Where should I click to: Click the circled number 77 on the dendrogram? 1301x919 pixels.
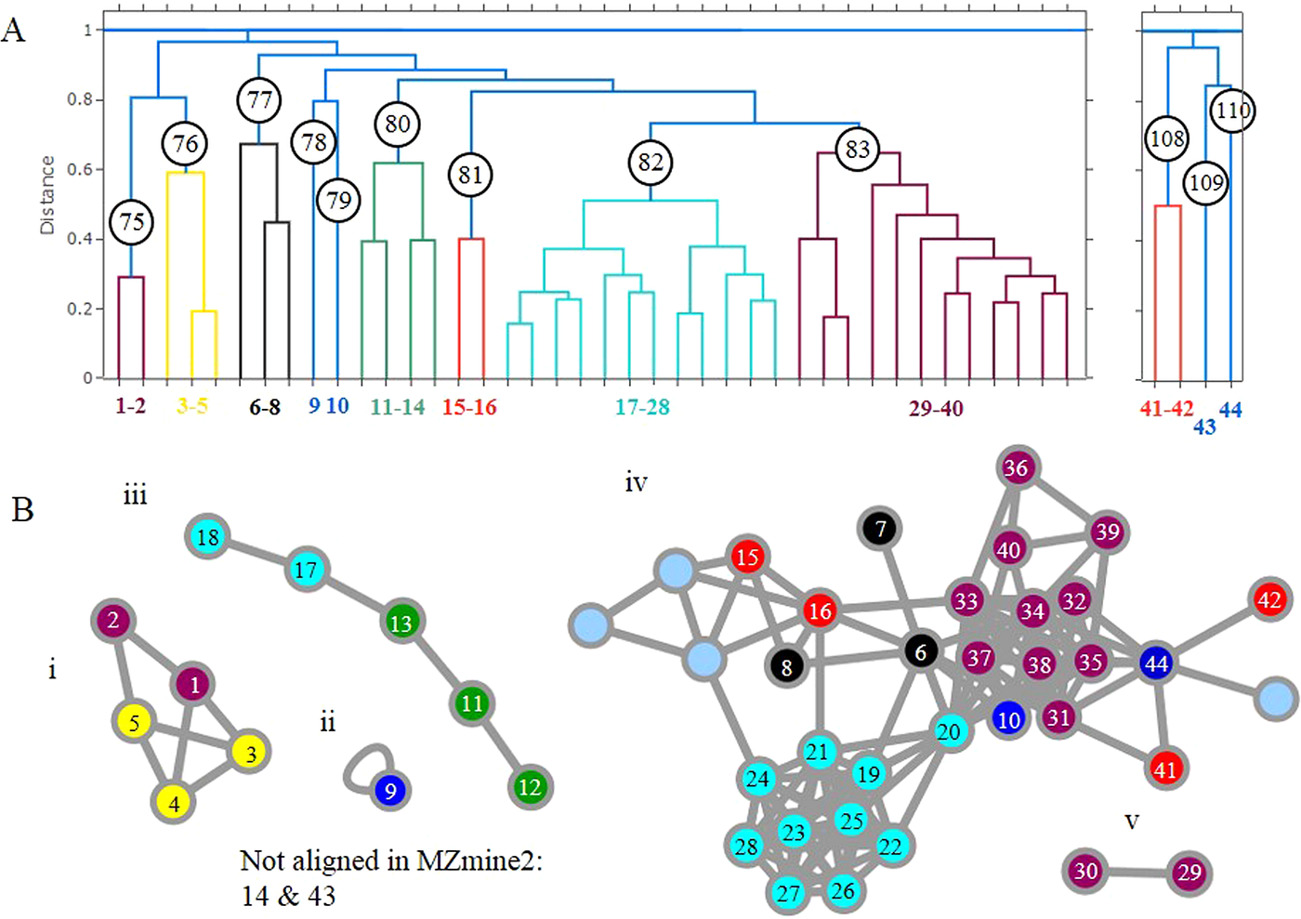pos(259,100)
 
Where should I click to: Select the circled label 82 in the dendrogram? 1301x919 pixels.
pos(650,162)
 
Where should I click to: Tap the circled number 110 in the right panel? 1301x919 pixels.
pos(1232,111)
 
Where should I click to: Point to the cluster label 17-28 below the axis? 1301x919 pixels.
pos(642,407)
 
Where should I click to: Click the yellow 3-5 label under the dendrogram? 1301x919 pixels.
pos(192,406)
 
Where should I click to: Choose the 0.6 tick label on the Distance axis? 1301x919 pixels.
pos(80,170)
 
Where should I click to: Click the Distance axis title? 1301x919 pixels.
pos(46,194)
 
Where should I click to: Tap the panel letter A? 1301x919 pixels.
pos(13,31)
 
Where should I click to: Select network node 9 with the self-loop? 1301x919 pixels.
pos(390,791)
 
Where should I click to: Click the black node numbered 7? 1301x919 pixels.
pos(881,529)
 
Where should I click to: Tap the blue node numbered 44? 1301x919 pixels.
pos(1156,663)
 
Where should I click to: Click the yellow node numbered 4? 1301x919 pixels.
pos(174,805)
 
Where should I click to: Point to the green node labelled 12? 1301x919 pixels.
pos(530,787)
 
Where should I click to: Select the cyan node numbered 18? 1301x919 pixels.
pos(208,536)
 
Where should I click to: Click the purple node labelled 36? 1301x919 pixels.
pos(1016,467)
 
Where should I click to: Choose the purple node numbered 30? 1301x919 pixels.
pos(1085,870)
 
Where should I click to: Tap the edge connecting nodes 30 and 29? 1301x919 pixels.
pos(1137,872)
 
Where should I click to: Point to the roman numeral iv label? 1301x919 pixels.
pos(636,483)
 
